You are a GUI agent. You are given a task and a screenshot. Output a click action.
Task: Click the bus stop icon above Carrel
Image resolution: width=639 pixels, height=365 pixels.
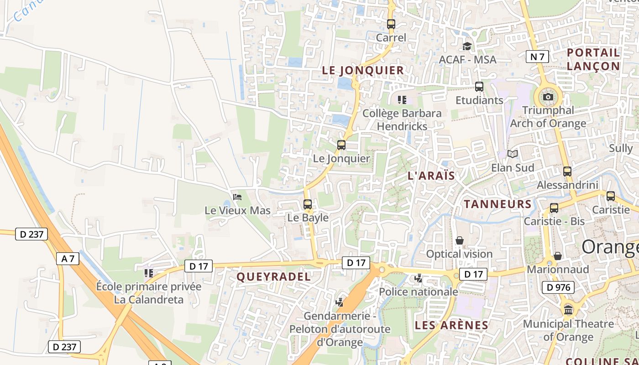(391, 24)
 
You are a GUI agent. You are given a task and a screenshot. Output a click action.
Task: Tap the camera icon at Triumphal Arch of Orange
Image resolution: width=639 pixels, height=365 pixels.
(548, 97)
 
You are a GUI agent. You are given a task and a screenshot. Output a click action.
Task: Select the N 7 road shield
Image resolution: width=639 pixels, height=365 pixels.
(537, 57)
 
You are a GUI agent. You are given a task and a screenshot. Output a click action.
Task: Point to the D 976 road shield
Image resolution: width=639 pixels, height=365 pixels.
(558, 287)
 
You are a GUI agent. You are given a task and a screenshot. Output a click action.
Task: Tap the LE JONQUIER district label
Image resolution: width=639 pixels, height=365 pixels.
(363, 70)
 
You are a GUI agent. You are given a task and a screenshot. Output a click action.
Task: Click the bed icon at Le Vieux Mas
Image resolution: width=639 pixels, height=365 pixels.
(237, 197)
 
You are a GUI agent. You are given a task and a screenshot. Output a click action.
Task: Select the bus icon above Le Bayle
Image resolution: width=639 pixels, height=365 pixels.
(308, 204)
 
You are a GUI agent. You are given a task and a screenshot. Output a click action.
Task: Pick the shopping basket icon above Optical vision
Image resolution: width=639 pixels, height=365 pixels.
(460, 240)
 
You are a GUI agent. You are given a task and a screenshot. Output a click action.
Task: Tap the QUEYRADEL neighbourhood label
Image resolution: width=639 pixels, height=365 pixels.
(273, 276)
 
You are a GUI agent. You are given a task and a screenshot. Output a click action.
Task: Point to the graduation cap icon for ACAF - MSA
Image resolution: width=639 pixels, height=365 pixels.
(467, 46)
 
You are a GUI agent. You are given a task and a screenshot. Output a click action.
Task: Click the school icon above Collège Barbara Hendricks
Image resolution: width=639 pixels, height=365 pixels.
(402, 99)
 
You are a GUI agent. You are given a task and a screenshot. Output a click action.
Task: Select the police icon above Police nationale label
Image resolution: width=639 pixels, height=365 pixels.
(418, 278)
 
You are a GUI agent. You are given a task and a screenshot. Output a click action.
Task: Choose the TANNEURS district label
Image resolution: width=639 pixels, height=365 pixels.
(498, 204)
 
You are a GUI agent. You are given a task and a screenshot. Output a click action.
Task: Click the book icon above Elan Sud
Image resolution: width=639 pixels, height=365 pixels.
(513, 154)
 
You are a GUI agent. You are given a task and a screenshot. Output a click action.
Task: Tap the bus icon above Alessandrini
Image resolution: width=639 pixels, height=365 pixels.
(567, 172)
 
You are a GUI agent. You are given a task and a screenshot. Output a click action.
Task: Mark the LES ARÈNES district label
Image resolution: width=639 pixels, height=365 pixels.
(451, 325)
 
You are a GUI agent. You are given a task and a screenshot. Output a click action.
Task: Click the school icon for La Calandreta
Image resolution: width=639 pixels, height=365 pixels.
(148, 273)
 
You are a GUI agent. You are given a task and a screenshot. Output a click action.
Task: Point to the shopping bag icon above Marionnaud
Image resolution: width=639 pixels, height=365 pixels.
(557, 256)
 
